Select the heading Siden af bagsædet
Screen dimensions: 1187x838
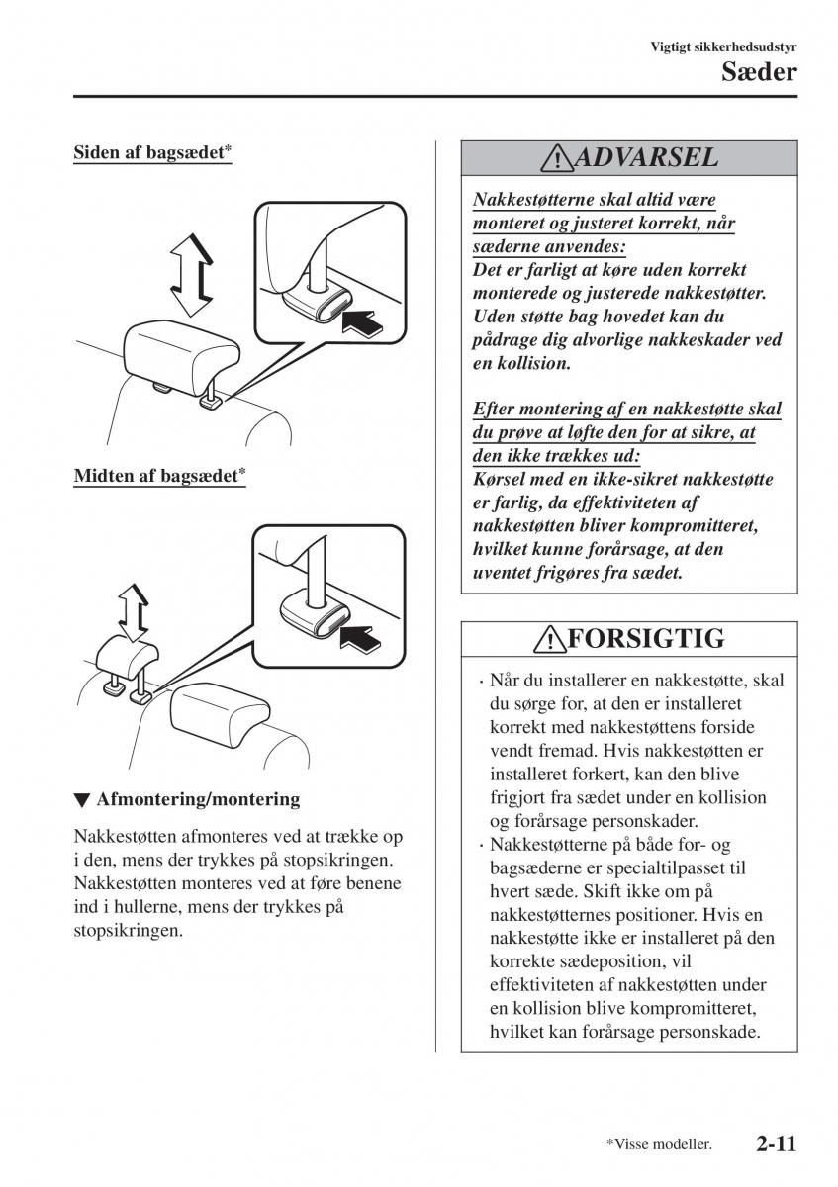[x=152, y=153]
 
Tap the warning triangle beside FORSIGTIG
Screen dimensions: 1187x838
[x=547, y=640]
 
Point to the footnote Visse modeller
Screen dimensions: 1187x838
[x=660, y=1144]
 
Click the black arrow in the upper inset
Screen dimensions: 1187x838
[x=363, y=321]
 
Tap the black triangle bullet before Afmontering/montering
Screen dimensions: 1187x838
[x=82, y=799]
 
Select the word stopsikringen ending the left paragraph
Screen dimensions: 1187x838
[x=129, y=931]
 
